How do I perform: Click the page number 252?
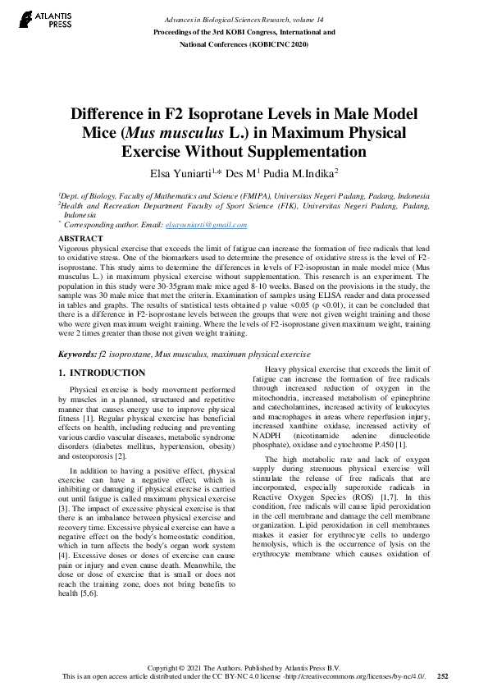[x=443, y=676]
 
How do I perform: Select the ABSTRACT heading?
[x=80, y=237]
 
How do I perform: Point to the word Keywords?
[x=77, y=355]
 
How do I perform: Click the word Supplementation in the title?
[x=296, y=152]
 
